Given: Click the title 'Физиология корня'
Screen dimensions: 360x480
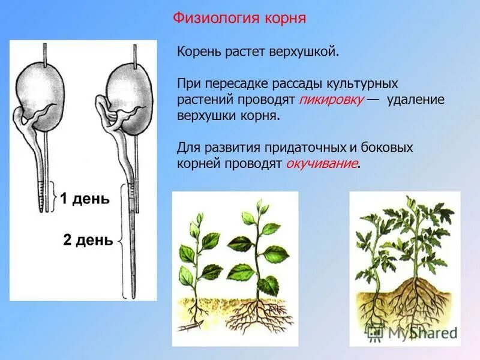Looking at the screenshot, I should (x=239, y=18).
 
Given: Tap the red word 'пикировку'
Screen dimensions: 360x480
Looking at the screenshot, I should (x=333, y=100).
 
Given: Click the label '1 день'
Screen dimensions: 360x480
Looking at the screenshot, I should (x=85, y=199).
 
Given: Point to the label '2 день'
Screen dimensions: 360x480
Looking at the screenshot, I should (x=88, y=241).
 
